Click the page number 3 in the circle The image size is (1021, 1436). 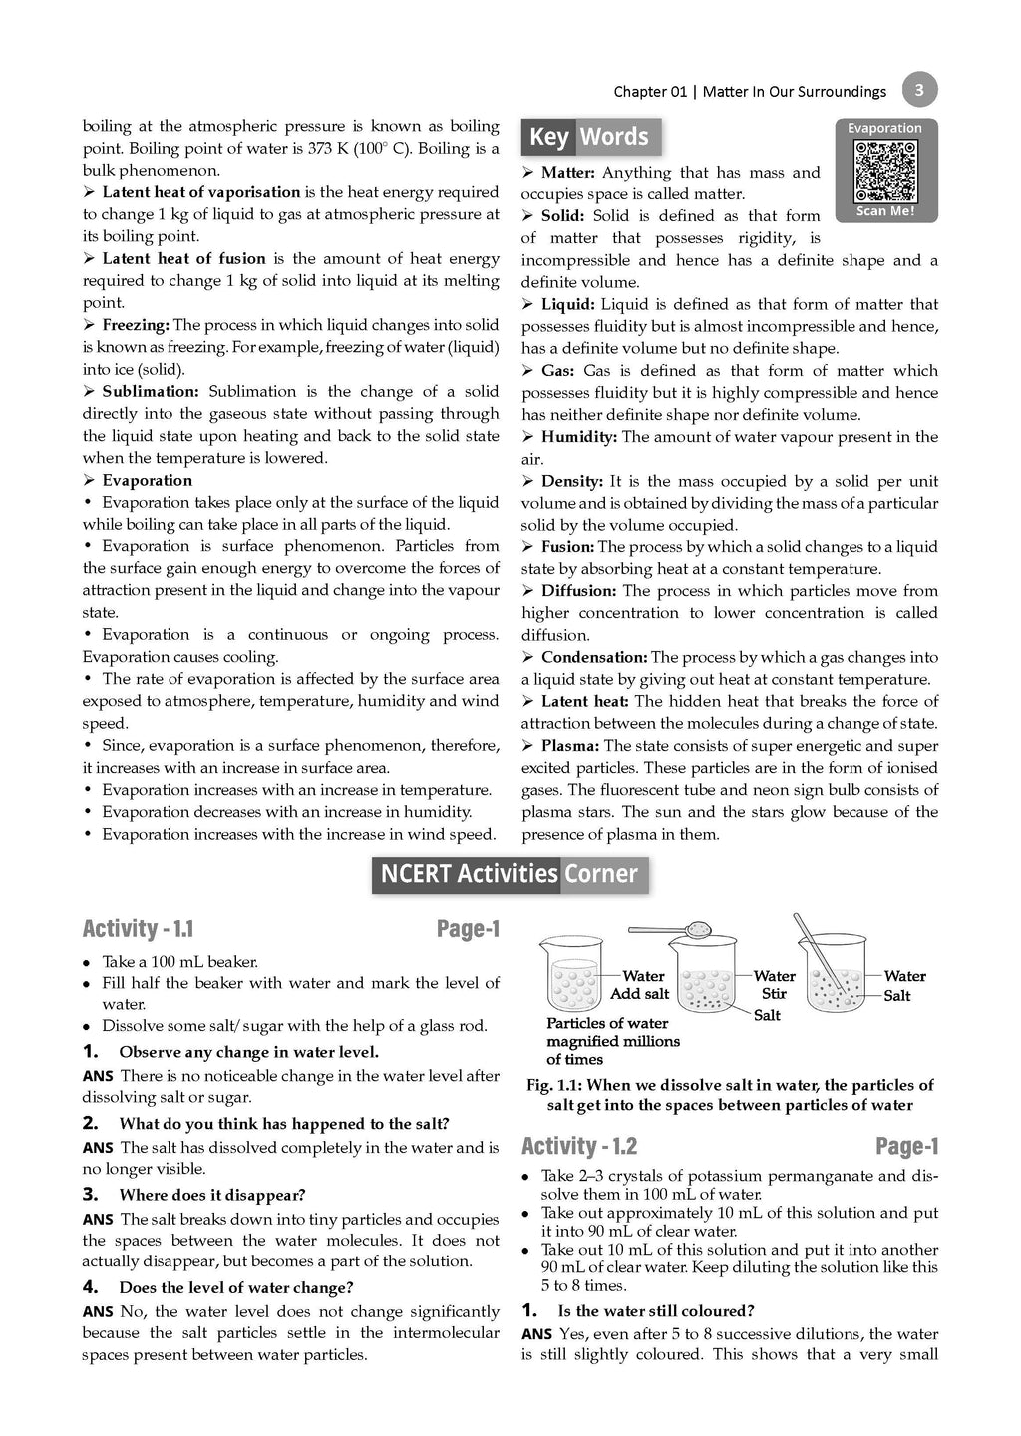[918, 91]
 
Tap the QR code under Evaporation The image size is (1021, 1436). [885, 171]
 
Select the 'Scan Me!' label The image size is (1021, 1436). [885, 211]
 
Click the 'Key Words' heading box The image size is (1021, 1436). [589, 137]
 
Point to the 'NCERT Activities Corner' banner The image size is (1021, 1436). [510, 874]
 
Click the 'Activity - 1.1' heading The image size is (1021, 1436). [138, 929]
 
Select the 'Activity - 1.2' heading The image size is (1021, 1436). [579, 1146]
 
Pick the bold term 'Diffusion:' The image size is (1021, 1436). [579, 591]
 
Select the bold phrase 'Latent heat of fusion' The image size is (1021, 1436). [183, 258]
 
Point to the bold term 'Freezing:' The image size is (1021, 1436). [136, 325]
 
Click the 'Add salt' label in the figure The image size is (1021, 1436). [639, 994]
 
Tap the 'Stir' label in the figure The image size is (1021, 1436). [774, 994]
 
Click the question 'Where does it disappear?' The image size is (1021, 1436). [212, 1195]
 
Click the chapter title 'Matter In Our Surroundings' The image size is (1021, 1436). [795, 92]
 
